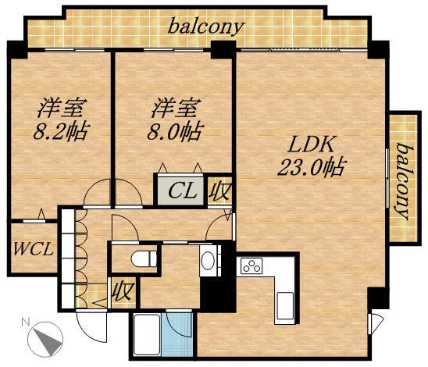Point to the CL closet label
click(180, 191)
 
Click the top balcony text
click(206, 26)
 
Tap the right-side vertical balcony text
click(403, 180)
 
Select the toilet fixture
click(141, 258)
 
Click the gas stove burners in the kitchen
click(251, 266)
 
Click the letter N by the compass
click(26, 322)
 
